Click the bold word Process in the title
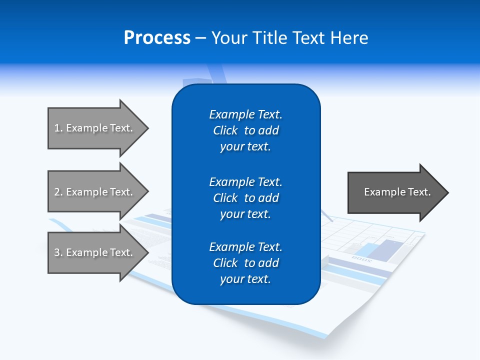tap(157, 38)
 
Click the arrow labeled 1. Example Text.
tap(95, 128)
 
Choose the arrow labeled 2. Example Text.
tap(95, 192)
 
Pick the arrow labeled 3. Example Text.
tap(95, 252)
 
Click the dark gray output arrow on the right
tap(395, 192)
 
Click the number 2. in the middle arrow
tap(58, 192)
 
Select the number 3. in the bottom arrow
tap(58, 252)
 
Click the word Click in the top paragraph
tap(225, 130)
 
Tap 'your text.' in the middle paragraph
tap(245, 214)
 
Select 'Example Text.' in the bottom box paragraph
tap(245, 247)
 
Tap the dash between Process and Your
tap(200, 38)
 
